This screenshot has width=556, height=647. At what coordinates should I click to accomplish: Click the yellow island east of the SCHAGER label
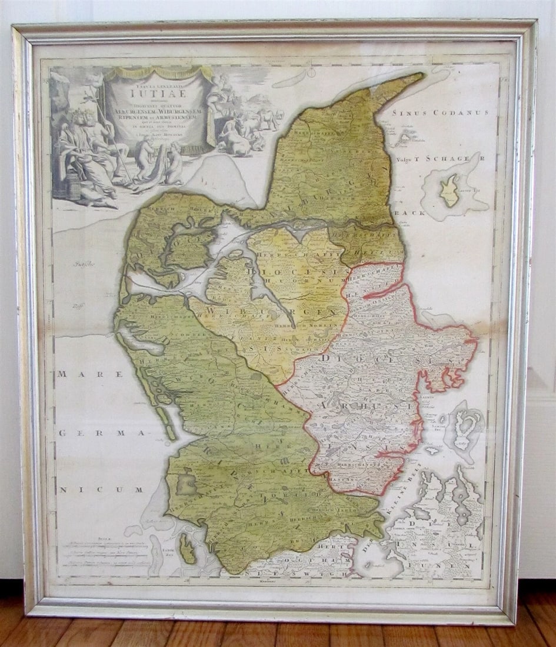[451, 190]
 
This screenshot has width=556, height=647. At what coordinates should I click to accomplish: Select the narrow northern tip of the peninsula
[400, 82]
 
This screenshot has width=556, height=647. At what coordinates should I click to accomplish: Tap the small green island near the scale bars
[187, 548]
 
